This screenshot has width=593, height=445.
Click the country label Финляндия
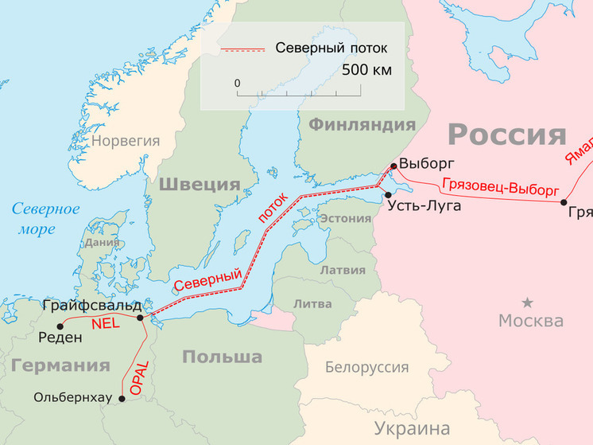click(362, 124)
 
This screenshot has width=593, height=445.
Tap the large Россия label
click(506, 135)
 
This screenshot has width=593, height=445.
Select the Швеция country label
click(200, 185)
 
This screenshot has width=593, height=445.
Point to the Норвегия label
click(126, 141)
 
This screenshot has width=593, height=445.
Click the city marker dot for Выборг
click(393, 166)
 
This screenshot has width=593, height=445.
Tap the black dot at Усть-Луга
click(388, 195)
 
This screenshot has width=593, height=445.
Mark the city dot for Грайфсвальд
click(141, 318)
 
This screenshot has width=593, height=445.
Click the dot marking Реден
click(60, 326)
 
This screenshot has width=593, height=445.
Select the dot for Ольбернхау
click(122, 398)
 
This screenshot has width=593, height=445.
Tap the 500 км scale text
click(366, 70)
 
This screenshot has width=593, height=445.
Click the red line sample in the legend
click(242, 49)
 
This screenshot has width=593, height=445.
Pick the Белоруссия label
click(366, 367)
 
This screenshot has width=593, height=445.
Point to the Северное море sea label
click(45, 219)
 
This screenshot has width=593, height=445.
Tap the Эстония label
click(344, 219)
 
